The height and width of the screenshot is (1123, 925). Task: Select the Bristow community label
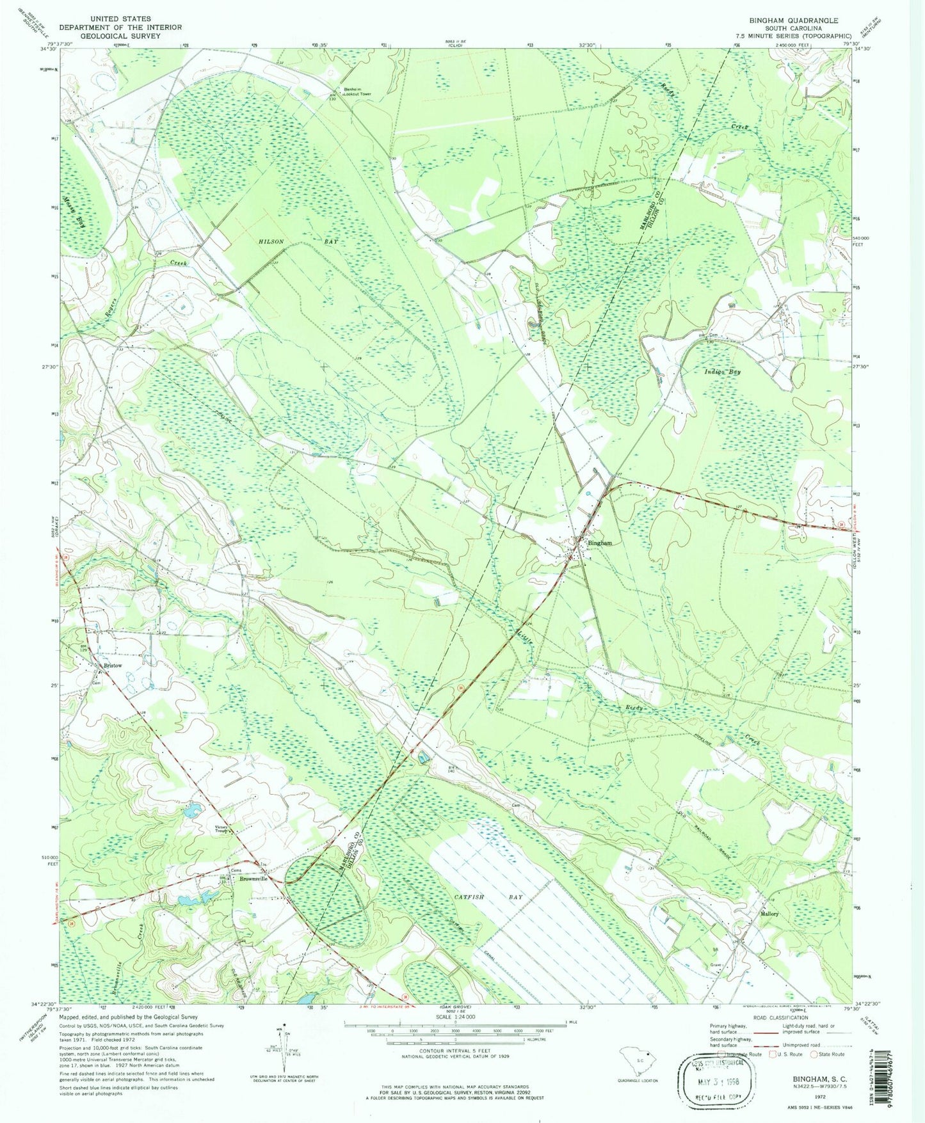113,665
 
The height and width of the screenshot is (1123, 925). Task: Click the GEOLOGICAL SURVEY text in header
120,36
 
